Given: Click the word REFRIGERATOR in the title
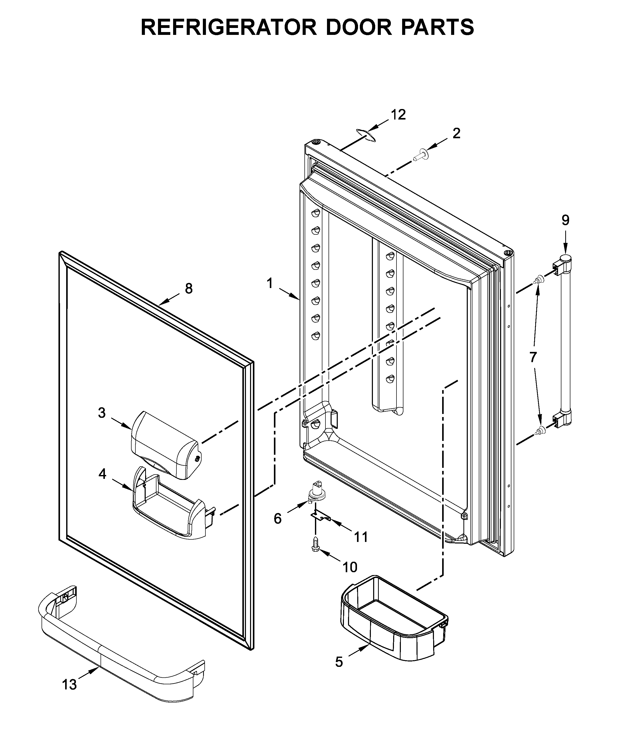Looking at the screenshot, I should click(x=229, y=27).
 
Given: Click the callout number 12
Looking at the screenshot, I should click(x=398, y=115).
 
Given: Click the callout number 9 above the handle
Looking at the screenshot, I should click(x=566, y=220).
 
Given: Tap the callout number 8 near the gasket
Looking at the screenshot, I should click(x=189, y=289).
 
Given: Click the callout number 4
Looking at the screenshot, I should click(x=102, y=474).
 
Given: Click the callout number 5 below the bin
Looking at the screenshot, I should click(x=339, y=662).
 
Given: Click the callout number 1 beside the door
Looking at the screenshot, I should click(x=270, y=283).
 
